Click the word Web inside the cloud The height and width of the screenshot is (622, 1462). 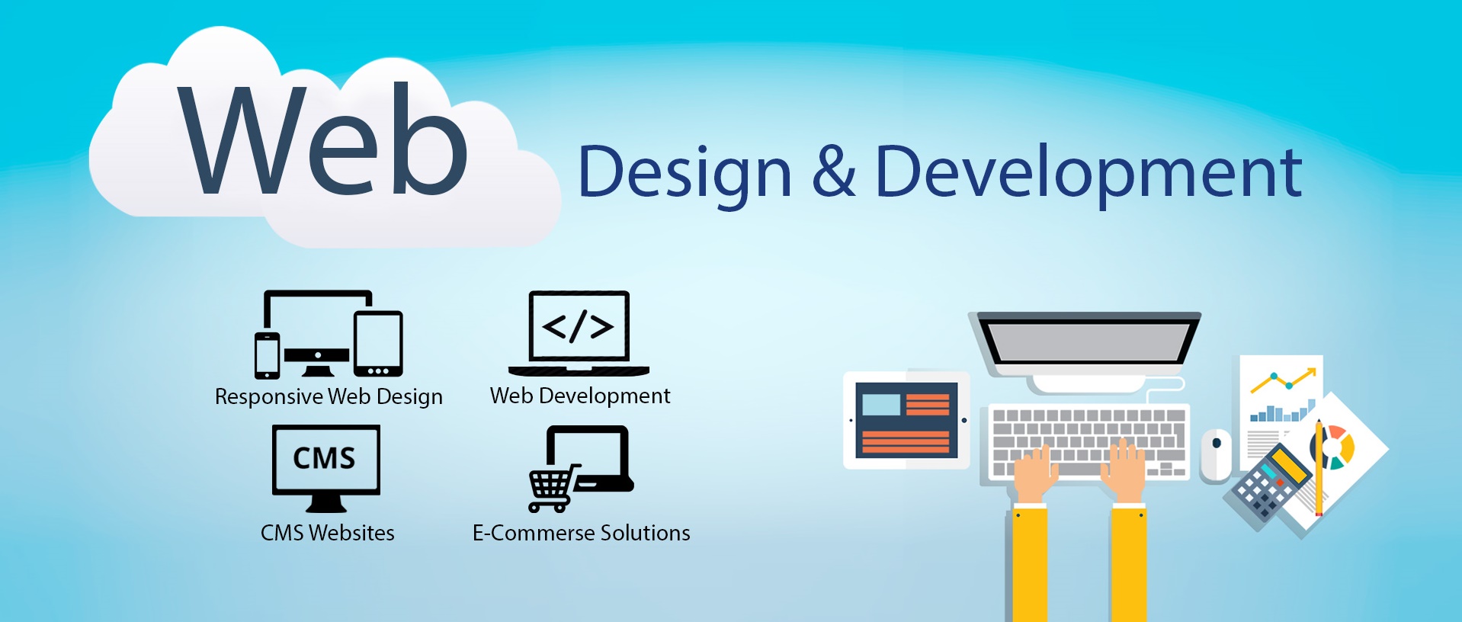[x=323, y=140]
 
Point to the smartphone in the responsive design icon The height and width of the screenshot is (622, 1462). [x=267, y=355]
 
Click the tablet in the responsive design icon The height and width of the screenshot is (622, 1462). [x=378, y=343]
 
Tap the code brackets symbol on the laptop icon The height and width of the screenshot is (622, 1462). [x=579, y=326]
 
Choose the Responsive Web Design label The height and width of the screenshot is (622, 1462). [x=329, y=397]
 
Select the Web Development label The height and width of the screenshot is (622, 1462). [x=580, y=396]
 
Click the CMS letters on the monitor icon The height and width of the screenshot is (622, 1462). [x=325, y=458]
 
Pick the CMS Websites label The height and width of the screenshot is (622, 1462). [x=328, y=533]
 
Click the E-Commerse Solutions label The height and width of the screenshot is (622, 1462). [x=582, y=533]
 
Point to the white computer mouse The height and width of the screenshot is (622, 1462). [x=1216, y=455]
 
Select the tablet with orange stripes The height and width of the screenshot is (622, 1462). [x=906, y=420]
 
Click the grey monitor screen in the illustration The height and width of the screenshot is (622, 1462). [x=1088, y=342]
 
